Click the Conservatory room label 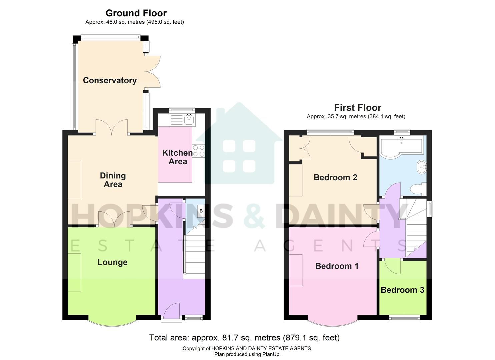click(x=110, y=80)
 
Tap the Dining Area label click(x=113, y=180)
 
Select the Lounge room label click(x=112, y=262)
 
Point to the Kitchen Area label click(x=177, y=157)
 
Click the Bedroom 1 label click(x=337, y=266)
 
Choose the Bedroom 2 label click(x=335, y=177)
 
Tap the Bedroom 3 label click(x=402, y=290)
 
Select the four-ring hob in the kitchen click(x=199, y=151)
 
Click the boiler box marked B click(x=201, y=211)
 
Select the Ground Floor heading click(x=136, y=13)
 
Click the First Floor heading click(x=357, y=108)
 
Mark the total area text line click(x=244, y=338)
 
